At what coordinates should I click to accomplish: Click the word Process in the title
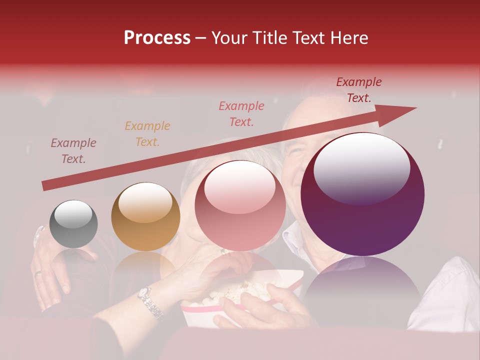click(157, 38)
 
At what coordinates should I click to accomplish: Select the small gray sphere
click(73, 224)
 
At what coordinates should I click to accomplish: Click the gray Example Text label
click(73, 151)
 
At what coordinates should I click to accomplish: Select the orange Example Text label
click(147, 134)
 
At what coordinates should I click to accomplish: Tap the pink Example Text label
click(241, 113)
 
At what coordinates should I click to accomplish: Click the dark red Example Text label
click(359, 90)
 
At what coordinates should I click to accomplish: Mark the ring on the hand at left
click(38, 273)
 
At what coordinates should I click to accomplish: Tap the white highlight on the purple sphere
click(361, 168)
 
